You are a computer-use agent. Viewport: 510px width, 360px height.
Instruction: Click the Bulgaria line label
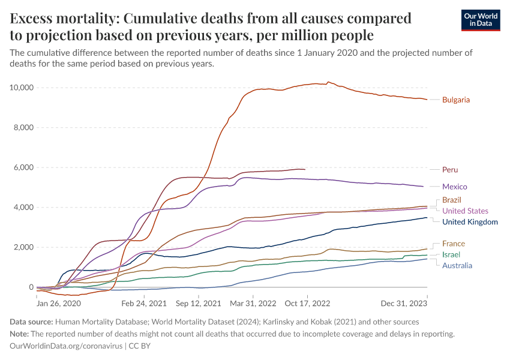click(x=455, y=100)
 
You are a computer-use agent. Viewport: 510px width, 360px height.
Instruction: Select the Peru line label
click(x=450, y=170)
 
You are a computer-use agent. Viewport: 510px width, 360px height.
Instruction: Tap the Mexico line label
click(x=454, y=187)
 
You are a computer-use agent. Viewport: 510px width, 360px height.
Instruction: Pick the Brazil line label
click(x=452, y=200)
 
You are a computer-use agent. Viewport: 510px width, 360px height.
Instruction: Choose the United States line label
click(x=465, y=211)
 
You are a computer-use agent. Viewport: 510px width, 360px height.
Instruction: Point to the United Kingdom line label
click(x=470, y=222)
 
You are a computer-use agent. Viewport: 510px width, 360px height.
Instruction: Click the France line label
click(x=453, y=244)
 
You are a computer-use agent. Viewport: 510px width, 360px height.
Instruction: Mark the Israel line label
click(x=451, y=254)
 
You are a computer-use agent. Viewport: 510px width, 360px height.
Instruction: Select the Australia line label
click(x=457, y=265)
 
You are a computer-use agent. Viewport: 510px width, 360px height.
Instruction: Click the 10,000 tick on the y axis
click(x=20, y=88)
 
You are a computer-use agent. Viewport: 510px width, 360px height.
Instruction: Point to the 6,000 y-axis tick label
click(x=23, y=167)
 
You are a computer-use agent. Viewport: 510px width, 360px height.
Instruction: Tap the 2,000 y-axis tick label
click(x=23, y=247)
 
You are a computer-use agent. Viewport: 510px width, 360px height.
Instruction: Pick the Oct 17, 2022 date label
click(x=307, y=303)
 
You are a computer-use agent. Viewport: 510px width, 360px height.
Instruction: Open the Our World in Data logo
click(x=480, y=20)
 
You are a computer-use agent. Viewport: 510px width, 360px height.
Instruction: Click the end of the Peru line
click(x=305, y=170)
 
